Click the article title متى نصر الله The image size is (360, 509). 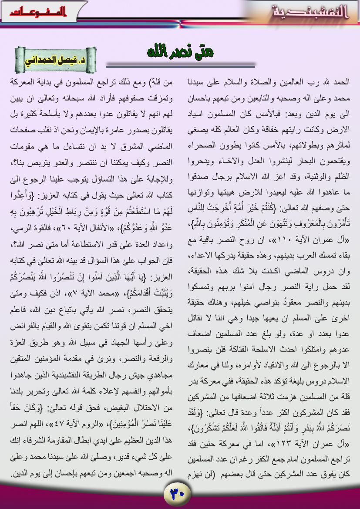[181, 52]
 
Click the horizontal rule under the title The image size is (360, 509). [181, 66]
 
